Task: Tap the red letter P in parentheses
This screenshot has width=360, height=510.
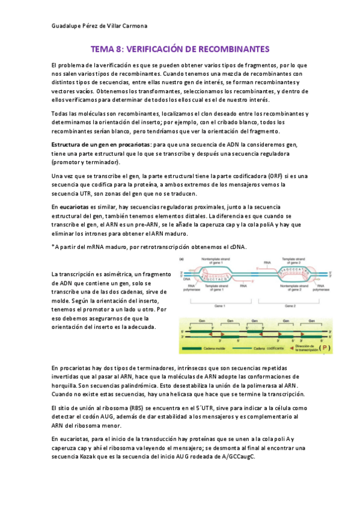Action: [342, 348]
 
